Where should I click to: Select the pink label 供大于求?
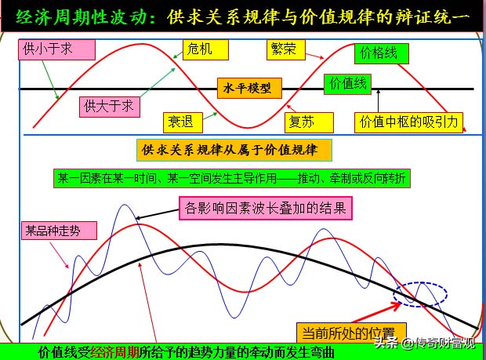tap(109, 105)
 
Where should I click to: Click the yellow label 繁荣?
tap(281, 49)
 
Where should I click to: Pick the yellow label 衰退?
tap(183, 122)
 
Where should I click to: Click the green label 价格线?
tap(379, 53)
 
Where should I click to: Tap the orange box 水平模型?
tap(249, 89)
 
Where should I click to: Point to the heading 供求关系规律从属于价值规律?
tap(234, 148)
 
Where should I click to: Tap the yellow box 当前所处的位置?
tap(351, 331)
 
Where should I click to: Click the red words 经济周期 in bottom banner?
tap(115, 352)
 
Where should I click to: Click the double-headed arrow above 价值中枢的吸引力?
tap(378, 100)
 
